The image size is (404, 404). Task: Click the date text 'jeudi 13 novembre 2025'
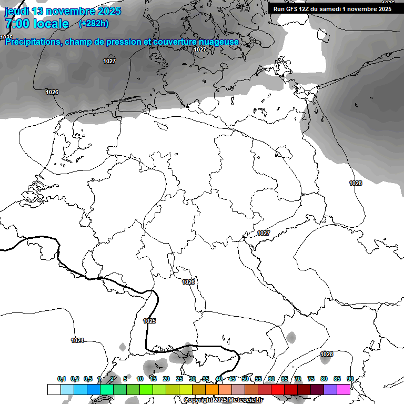pyautogui.click(x=63, y=11)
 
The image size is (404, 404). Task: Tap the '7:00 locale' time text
pyautogui.click(x=37, y=24)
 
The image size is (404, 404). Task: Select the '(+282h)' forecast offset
pyautogui.click(x=94, y=24)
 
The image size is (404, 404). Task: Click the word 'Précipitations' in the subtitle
pyautogui.click(x=32, y=42)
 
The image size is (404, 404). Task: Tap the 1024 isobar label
pyautogui.click(x=77, y=340)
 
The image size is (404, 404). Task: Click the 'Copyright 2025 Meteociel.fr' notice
pyautogui.click(x=224, y=400)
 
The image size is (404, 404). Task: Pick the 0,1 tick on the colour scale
pyautogui.click(x=62, y=379)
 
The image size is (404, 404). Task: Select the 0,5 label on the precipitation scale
pyautogui.click(x=88, y=379)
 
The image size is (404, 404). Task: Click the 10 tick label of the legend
pyautogui.click(x=140, y=379)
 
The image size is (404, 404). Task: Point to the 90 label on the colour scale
pyautogui.click(x=350, y=379)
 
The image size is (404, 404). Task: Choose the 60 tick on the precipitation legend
pyautogui.click(x=271, y=379)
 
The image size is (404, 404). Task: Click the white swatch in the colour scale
pyautogui.click(x=54, y=389)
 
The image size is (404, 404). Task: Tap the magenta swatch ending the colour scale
pyautogui.click(x=344, y=389)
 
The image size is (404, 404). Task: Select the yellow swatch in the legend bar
pyautogui.click(x=186, y=389)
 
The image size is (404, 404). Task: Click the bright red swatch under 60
pyautogui.click(x=278, y=389)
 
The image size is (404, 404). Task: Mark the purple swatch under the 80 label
pyautogui.click(x=330, y=389)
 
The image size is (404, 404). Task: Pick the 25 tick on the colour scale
pyautogui.click(x=179, y=379)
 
